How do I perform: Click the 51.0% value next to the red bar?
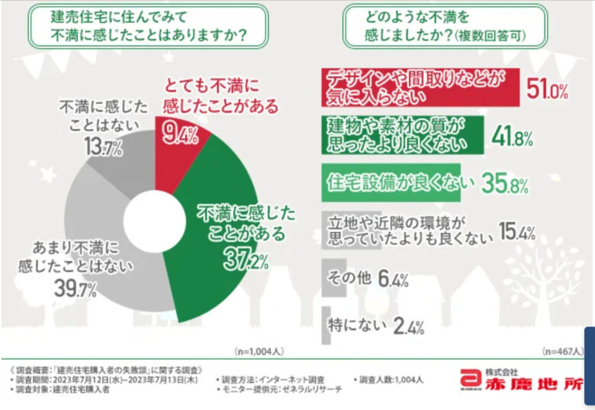pyautogui.click(x=548, y=92)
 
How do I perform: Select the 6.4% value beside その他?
pyautogui.click(x=393, y=280)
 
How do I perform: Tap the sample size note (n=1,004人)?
pyautogui.click(x=259, y=352)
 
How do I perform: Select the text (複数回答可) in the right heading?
pyautogui.click(x=491, y=36)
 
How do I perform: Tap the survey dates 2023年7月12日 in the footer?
pyautogui.click(x=98, y=379)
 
